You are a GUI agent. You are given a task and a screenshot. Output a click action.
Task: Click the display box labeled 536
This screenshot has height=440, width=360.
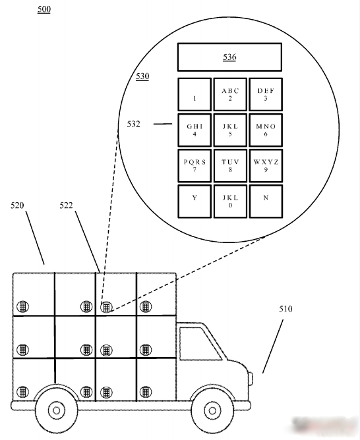229,57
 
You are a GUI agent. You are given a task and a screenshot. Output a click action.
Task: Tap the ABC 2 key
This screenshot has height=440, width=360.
230,94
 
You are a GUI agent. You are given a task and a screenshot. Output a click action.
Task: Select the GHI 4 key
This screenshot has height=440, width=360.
195,130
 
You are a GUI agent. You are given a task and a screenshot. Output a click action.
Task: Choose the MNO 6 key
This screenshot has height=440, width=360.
266,130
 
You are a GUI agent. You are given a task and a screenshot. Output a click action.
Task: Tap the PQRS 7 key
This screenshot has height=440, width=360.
195,165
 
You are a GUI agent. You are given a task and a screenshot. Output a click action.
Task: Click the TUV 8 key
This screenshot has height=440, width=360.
230,165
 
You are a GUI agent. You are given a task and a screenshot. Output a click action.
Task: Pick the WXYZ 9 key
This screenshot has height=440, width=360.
266,165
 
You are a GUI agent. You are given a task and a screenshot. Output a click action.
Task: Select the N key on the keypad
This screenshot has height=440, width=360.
266,201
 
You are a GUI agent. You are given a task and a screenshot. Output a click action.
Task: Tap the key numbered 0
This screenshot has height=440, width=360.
230,201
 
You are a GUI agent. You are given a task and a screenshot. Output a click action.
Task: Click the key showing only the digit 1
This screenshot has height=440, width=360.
195,94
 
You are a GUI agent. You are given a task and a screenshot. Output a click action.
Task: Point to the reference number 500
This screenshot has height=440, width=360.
44,9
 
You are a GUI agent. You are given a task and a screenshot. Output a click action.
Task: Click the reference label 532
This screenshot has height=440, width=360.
133,124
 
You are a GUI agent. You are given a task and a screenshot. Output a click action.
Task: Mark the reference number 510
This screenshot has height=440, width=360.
285,309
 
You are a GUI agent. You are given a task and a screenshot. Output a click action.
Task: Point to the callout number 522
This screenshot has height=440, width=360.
66,206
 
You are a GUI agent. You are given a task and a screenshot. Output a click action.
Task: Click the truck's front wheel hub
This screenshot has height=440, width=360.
212,411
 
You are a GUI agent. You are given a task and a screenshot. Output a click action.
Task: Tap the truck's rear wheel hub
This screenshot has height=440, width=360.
56,411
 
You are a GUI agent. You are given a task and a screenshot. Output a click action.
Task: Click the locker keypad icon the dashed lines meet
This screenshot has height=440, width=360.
106,307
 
